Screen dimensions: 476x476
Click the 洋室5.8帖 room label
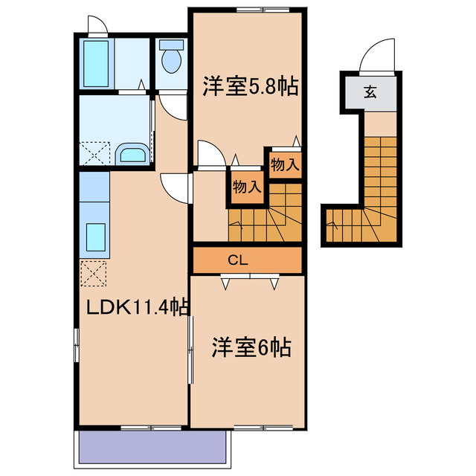pyautogui.click(x=251, y=88)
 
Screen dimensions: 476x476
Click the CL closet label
pyautogui.click(x=238, y=260)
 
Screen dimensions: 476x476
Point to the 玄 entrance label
pyautogui.click(x=370, y=92)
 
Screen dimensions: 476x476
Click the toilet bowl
pyautogui.click(x=172, y=59)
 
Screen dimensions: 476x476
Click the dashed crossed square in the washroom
pyautogui.click(x=94, y=155)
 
